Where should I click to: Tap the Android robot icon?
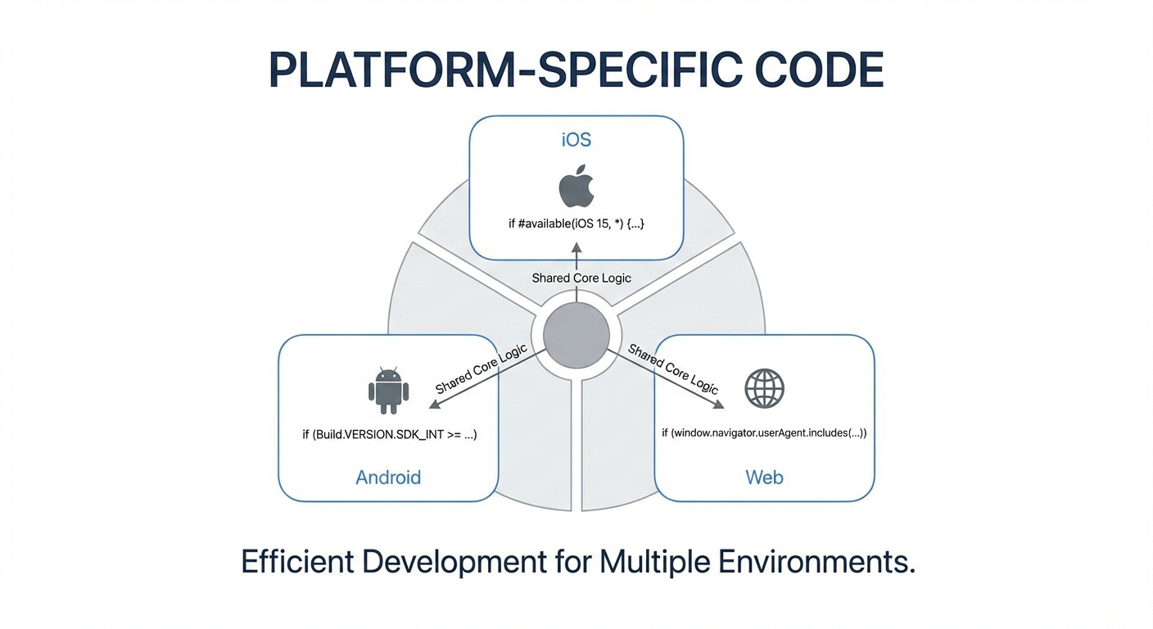[x=388, y=390]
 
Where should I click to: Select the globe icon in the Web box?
[x=764, y=388]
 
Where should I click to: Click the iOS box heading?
[x=576, y=139]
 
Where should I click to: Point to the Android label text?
[x=388, y=477]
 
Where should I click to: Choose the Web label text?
[x=764, y=477]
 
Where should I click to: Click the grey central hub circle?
[x=571, y=335]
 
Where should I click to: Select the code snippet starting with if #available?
[x=576, y=223]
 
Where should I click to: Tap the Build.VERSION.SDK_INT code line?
[x=390, y=434]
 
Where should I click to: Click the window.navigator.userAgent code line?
[x=764, y=432]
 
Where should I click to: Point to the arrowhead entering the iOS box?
[x=576, y=247]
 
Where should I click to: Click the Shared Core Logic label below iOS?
[x=581, y=278]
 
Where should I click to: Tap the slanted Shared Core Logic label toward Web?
[x=672, y=369]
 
